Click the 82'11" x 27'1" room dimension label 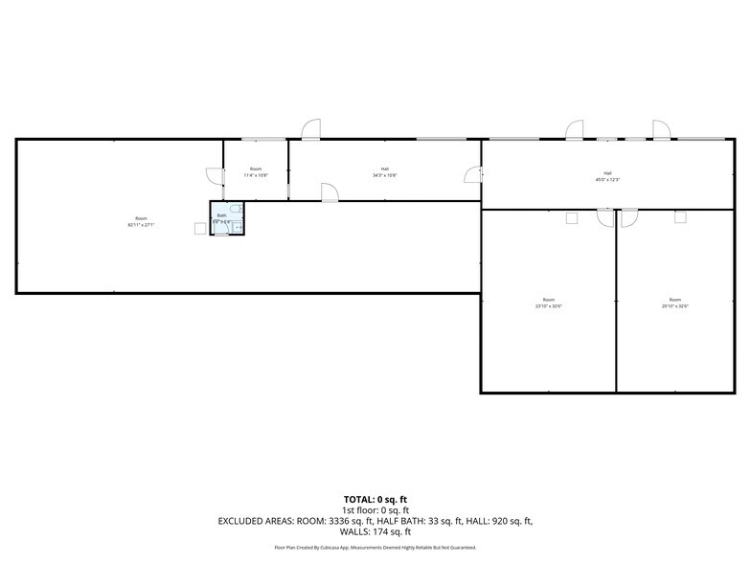coord(141,222)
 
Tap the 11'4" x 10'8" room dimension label coord(256,172)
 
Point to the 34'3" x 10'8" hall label coord(384,172)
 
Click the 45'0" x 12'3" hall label coord(607,176)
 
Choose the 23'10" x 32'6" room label coord(548,303)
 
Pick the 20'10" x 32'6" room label coord(674,303)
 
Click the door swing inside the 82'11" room coord(214,176)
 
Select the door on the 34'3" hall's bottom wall coord(328,191)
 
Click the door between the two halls coord(472,173)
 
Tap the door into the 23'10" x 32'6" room coord(604,217)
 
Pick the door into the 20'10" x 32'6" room coord(628,217)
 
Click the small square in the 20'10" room coord(680,217)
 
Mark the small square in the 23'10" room coord(572,217)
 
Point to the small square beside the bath coord(200,228)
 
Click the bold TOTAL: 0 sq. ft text coord(375,500)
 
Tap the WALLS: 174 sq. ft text coord(375,531)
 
